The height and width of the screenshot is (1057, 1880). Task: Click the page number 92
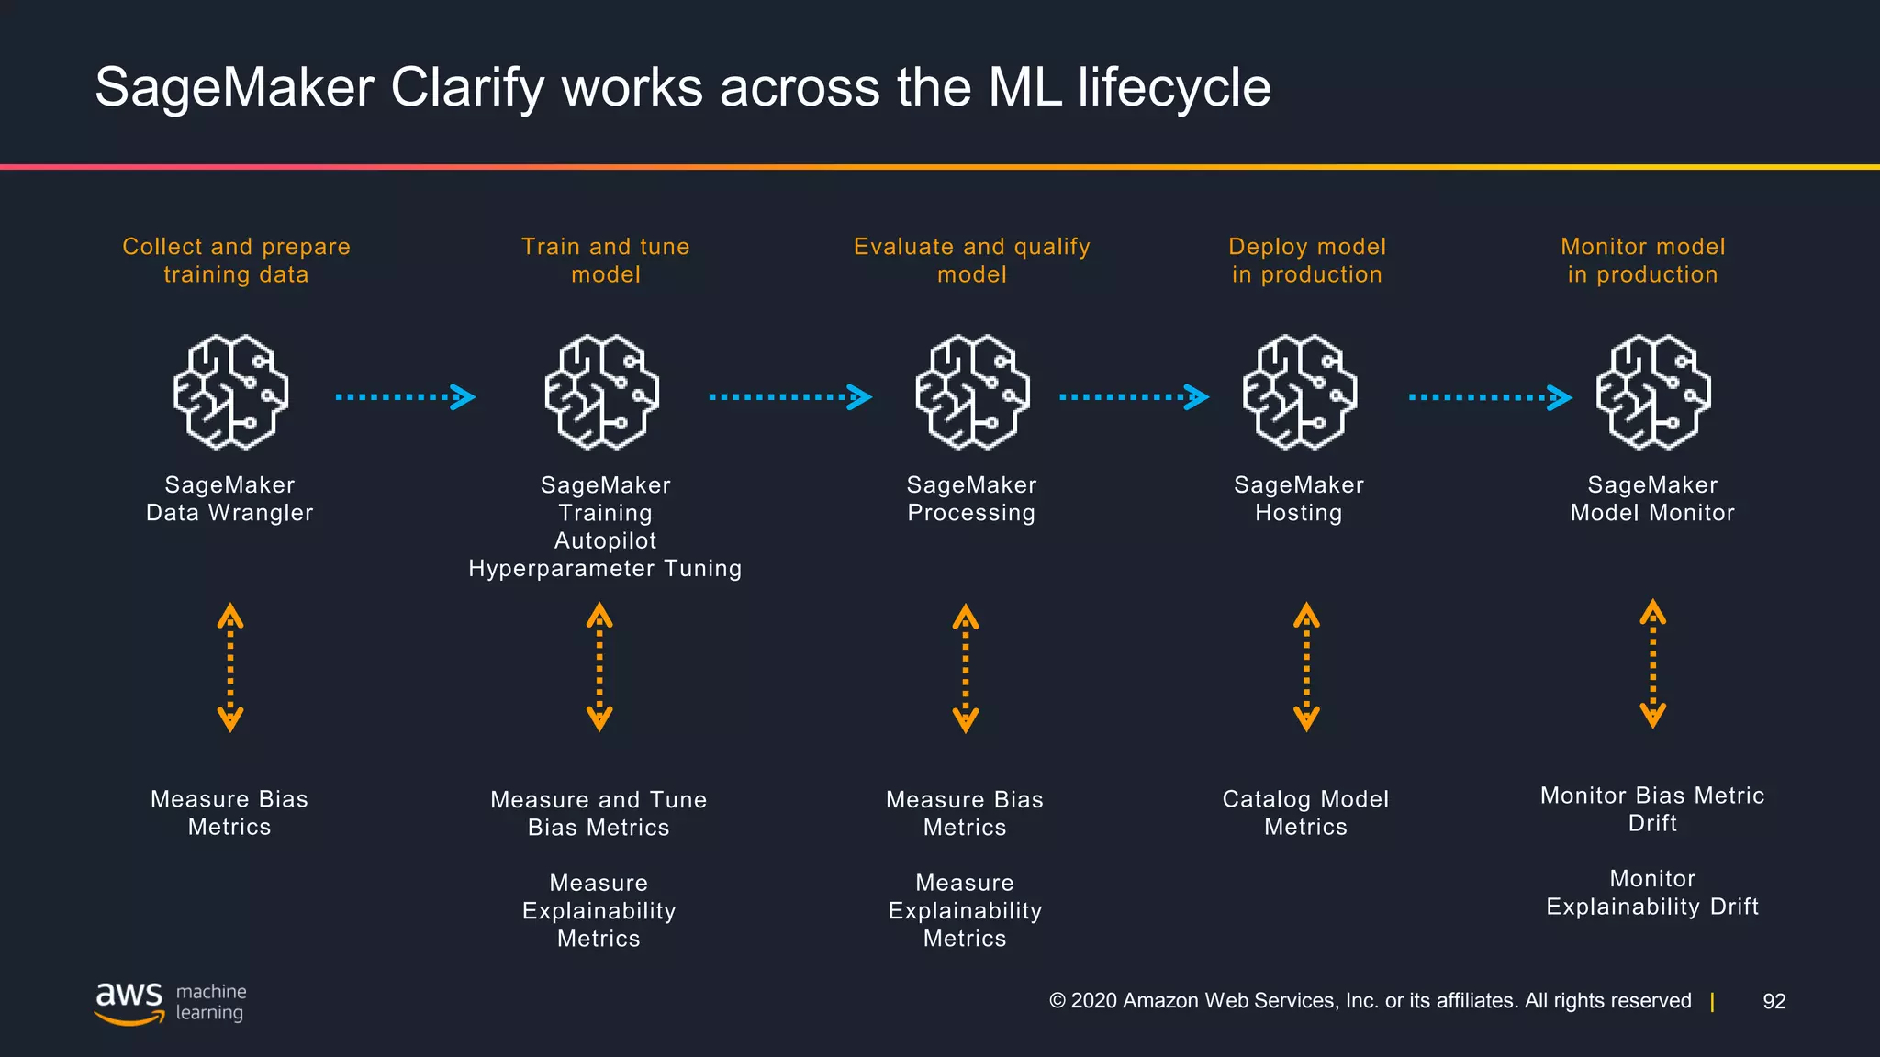1774,1001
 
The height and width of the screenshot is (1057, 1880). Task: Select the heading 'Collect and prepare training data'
236,261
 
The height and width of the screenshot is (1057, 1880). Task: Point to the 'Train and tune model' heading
605,261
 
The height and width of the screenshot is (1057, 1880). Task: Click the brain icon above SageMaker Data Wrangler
230,393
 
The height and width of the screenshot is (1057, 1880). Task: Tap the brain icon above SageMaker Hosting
1299,393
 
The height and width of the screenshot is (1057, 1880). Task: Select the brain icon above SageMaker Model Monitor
1652,393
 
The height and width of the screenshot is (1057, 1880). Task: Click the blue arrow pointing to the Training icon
405,397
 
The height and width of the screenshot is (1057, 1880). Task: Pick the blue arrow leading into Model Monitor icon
1490,397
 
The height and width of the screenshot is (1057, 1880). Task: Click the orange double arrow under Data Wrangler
229,667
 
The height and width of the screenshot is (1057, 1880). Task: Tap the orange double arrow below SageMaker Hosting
1306,667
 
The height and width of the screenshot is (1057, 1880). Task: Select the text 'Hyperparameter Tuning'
605,569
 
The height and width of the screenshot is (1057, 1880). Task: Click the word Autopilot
605,541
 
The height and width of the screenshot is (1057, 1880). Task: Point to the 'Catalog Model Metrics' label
1305,813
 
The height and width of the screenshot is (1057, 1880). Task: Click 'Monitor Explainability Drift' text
1652,893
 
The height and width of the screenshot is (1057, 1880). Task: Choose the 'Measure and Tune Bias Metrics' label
599,814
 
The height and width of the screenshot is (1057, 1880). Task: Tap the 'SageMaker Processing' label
971,499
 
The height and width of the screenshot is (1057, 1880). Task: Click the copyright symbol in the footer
1057,1001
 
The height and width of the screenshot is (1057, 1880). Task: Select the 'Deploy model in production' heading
1306,261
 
